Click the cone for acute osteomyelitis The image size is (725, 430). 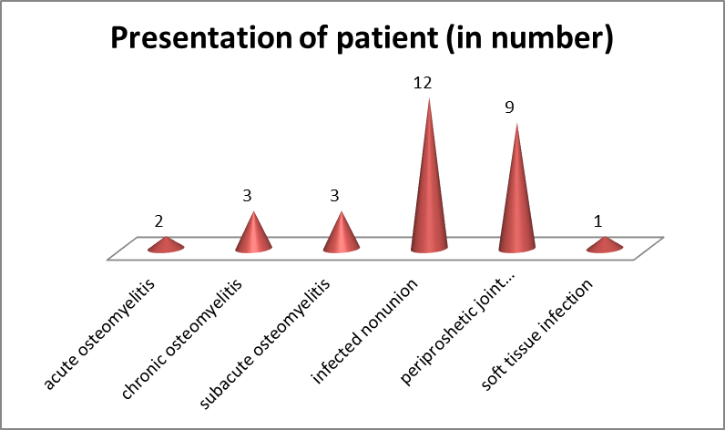click(x=166, y=245)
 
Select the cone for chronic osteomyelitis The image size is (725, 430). click(x=253, y=236)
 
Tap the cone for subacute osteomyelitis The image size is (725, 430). click(x=342, y=236)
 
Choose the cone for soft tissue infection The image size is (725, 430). click(x=605, y=245)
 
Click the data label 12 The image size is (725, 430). click(x=423, y=83)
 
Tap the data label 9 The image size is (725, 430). click(x=509, y=107)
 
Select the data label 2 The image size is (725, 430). click(x=158, y=221)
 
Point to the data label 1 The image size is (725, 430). click(x=597, y=221)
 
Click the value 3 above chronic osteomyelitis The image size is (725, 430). click(x=247, y=196)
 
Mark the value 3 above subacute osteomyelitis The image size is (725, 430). click(x=334, y=196)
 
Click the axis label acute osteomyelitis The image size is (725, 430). click(x=99, y=333)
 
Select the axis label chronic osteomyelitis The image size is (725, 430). click(x=182, y=339)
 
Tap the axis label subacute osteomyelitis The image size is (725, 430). click(x=265, y=344)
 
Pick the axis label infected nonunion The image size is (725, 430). click(x=365, y=332)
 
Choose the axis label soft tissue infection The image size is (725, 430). click(x=536, y=334)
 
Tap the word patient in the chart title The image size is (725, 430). click(x=387, y=38)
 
